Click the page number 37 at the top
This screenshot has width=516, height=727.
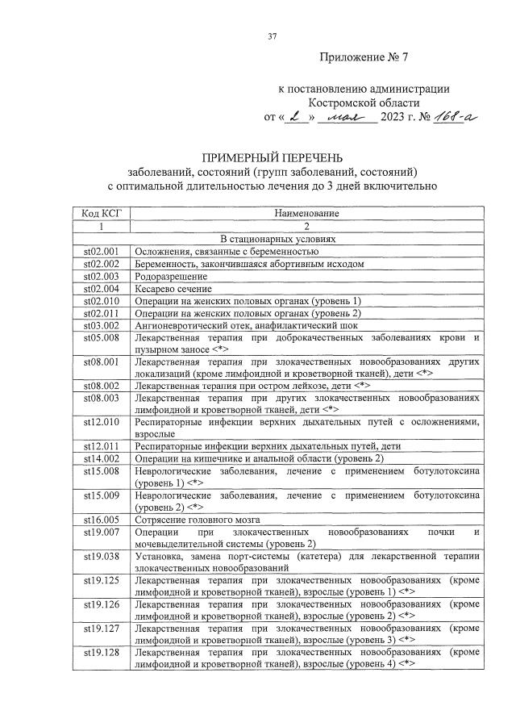(272, 36)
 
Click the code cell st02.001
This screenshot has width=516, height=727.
(102, 251)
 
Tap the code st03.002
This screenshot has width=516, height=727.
(102, 324)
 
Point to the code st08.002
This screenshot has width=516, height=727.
(102, 386)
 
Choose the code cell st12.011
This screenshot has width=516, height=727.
(102, 446)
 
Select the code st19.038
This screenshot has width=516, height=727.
(102, 556)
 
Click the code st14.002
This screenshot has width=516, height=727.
(102, 458)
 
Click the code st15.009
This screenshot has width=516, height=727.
(102, 495)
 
